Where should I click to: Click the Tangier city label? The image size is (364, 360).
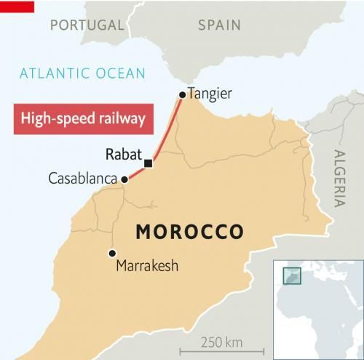(x=210, y=93)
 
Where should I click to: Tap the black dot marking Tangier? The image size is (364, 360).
(x=182, y=94)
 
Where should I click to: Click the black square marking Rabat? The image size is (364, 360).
(x=148, y=163)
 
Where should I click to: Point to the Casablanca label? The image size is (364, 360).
(x=83, y=179)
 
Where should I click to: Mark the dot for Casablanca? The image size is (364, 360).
(x=124, y=179)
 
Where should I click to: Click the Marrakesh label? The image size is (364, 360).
(x=147, y=267)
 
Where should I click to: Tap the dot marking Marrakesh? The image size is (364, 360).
(x=111, y=253)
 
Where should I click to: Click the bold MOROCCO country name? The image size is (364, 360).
(x=189, y=232)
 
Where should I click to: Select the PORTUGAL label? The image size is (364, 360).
(x=87, y=25)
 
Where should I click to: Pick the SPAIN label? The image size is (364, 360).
(x=219, y=25)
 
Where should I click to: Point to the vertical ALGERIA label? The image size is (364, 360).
(x=339, y=179)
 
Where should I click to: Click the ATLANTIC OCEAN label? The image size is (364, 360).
(x=82, y=73)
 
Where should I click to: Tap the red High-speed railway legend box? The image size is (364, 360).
(x=83, y=118)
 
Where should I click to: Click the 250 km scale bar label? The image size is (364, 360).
(x=222, y=342)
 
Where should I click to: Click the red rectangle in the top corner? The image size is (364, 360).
(x=17, y=7)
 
